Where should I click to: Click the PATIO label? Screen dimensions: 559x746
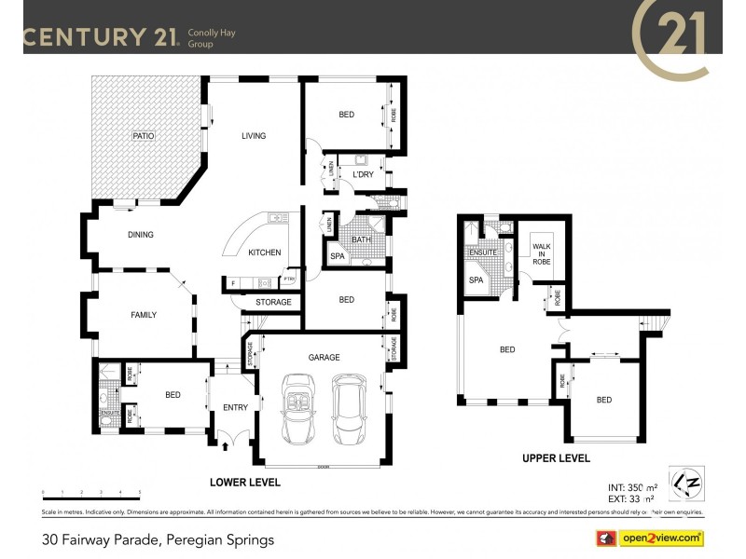[x=143, y=136]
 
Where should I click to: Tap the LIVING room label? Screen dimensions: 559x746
[x=254, y=136]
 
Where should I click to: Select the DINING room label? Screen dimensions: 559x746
[x=140, y=235]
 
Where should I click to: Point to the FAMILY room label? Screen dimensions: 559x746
[x=143, y=315]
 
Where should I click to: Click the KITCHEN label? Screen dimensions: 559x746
[x=264, y=252]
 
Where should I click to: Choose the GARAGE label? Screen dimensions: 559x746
[x=325, y=357]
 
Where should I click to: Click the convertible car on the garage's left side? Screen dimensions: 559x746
[x=300, y=411]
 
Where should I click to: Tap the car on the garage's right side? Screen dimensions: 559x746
[x=351, y=411]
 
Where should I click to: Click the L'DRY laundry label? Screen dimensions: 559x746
[x=362, y=175]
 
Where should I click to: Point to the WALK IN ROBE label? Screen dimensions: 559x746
[x=541, y=254]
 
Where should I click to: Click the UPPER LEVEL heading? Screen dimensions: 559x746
[x=556, y=457]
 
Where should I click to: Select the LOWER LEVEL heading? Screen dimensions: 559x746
[x=244, y=482]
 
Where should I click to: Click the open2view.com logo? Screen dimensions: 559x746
[x=650, y=539]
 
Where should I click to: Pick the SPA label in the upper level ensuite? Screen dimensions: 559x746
[x=476, y=279]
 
